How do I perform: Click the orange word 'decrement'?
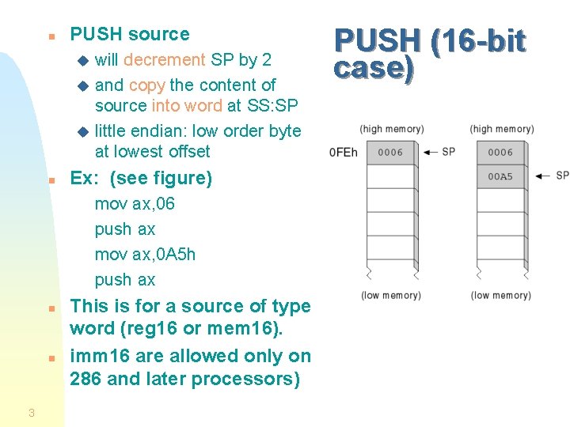click(164, 59)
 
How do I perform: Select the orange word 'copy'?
click(146, 85)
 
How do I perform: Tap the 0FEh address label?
click(343, 153)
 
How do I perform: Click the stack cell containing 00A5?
click(500, 176)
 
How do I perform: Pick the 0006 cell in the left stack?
click(389, 153)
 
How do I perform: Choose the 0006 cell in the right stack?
click(500, 153)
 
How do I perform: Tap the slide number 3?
click(31, 412)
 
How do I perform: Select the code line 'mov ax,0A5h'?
click(145, 255)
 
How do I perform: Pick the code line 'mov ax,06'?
click(135, 204)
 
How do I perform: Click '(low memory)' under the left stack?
click(390, 296)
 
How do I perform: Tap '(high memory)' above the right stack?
click(501, 129)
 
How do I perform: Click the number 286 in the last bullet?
click(85, 379)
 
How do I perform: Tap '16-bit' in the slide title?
click(480, 41)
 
